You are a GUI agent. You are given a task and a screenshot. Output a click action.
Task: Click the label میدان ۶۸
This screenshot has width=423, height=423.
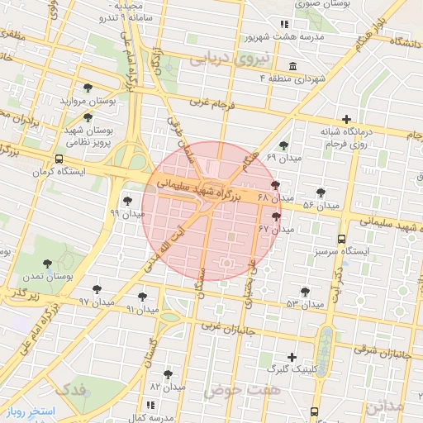point(276,198)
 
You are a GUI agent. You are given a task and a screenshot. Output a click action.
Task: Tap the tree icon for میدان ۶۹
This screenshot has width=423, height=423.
point(284,145)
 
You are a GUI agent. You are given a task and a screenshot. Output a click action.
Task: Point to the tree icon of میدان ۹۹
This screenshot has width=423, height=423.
point(127,200)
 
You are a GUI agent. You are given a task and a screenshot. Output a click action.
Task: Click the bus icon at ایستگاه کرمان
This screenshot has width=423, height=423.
point(58,160)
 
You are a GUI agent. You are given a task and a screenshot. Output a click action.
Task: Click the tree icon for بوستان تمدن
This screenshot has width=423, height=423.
point(47,264)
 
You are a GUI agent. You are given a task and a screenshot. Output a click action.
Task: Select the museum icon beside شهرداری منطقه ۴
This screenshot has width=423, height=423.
point(292,66)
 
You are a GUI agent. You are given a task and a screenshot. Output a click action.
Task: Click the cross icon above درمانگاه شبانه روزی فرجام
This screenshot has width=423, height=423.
point(346,119)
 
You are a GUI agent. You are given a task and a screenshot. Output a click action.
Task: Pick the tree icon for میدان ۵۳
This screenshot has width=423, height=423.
point(305,291)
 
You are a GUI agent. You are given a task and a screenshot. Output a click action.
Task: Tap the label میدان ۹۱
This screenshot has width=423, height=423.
point(141,308)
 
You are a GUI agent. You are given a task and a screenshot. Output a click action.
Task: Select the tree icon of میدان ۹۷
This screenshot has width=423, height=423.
point(97,289)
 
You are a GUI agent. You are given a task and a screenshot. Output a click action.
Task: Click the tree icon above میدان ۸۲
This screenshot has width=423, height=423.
point(168,373)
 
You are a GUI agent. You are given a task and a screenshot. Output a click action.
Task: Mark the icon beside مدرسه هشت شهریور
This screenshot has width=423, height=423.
point(284,24)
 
